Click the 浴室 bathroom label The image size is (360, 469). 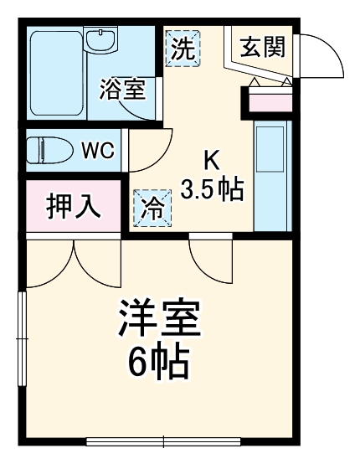pyautogui.click(x=122, y=89)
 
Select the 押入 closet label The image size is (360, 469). pyautogui.click(x=73, y=206)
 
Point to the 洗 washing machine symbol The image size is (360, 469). pyautogui.click(x=183, y=48)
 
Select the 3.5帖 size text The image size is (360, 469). pyautogui.click(x=213, y=189)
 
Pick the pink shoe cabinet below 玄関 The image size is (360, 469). pyautogui.click(x=268, y=103)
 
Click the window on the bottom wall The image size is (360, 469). pyautogui.click(x=163, y=441)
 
